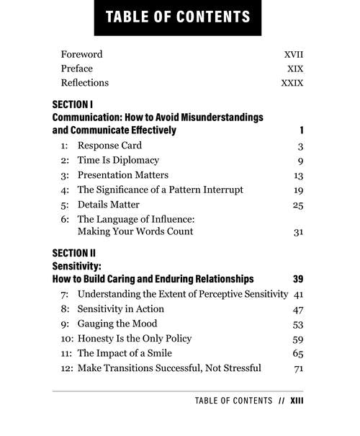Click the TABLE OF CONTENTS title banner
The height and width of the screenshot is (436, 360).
tap(177, 17)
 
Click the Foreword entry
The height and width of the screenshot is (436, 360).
tap(81, 54)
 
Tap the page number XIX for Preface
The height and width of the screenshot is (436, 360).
tap(294, 68)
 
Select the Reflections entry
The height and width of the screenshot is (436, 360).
tap(85, 83)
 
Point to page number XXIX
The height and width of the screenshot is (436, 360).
tap(292, 83)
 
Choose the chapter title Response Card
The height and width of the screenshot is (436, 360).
tap(110, 146)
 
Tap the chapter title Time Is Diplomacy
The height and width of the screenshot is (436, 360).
tap(118, 160)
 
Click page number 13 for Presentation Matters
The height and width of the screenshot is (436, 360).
tap(298, 175)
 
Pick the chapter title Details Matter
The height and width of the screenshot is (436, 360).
tap(109, 204)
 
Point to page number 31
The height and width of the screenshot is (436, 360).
tap(298, 232)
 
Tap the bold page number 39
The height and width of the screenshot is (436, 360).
tap(298, 278)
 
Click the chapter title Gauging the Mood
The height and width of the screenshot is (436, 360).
tap(117, 324)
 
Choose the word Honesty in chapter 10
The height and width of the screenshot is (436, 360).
tap(97, 338)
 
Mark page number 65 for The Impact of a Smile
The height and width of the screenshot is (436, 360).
tap(298, 353)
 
